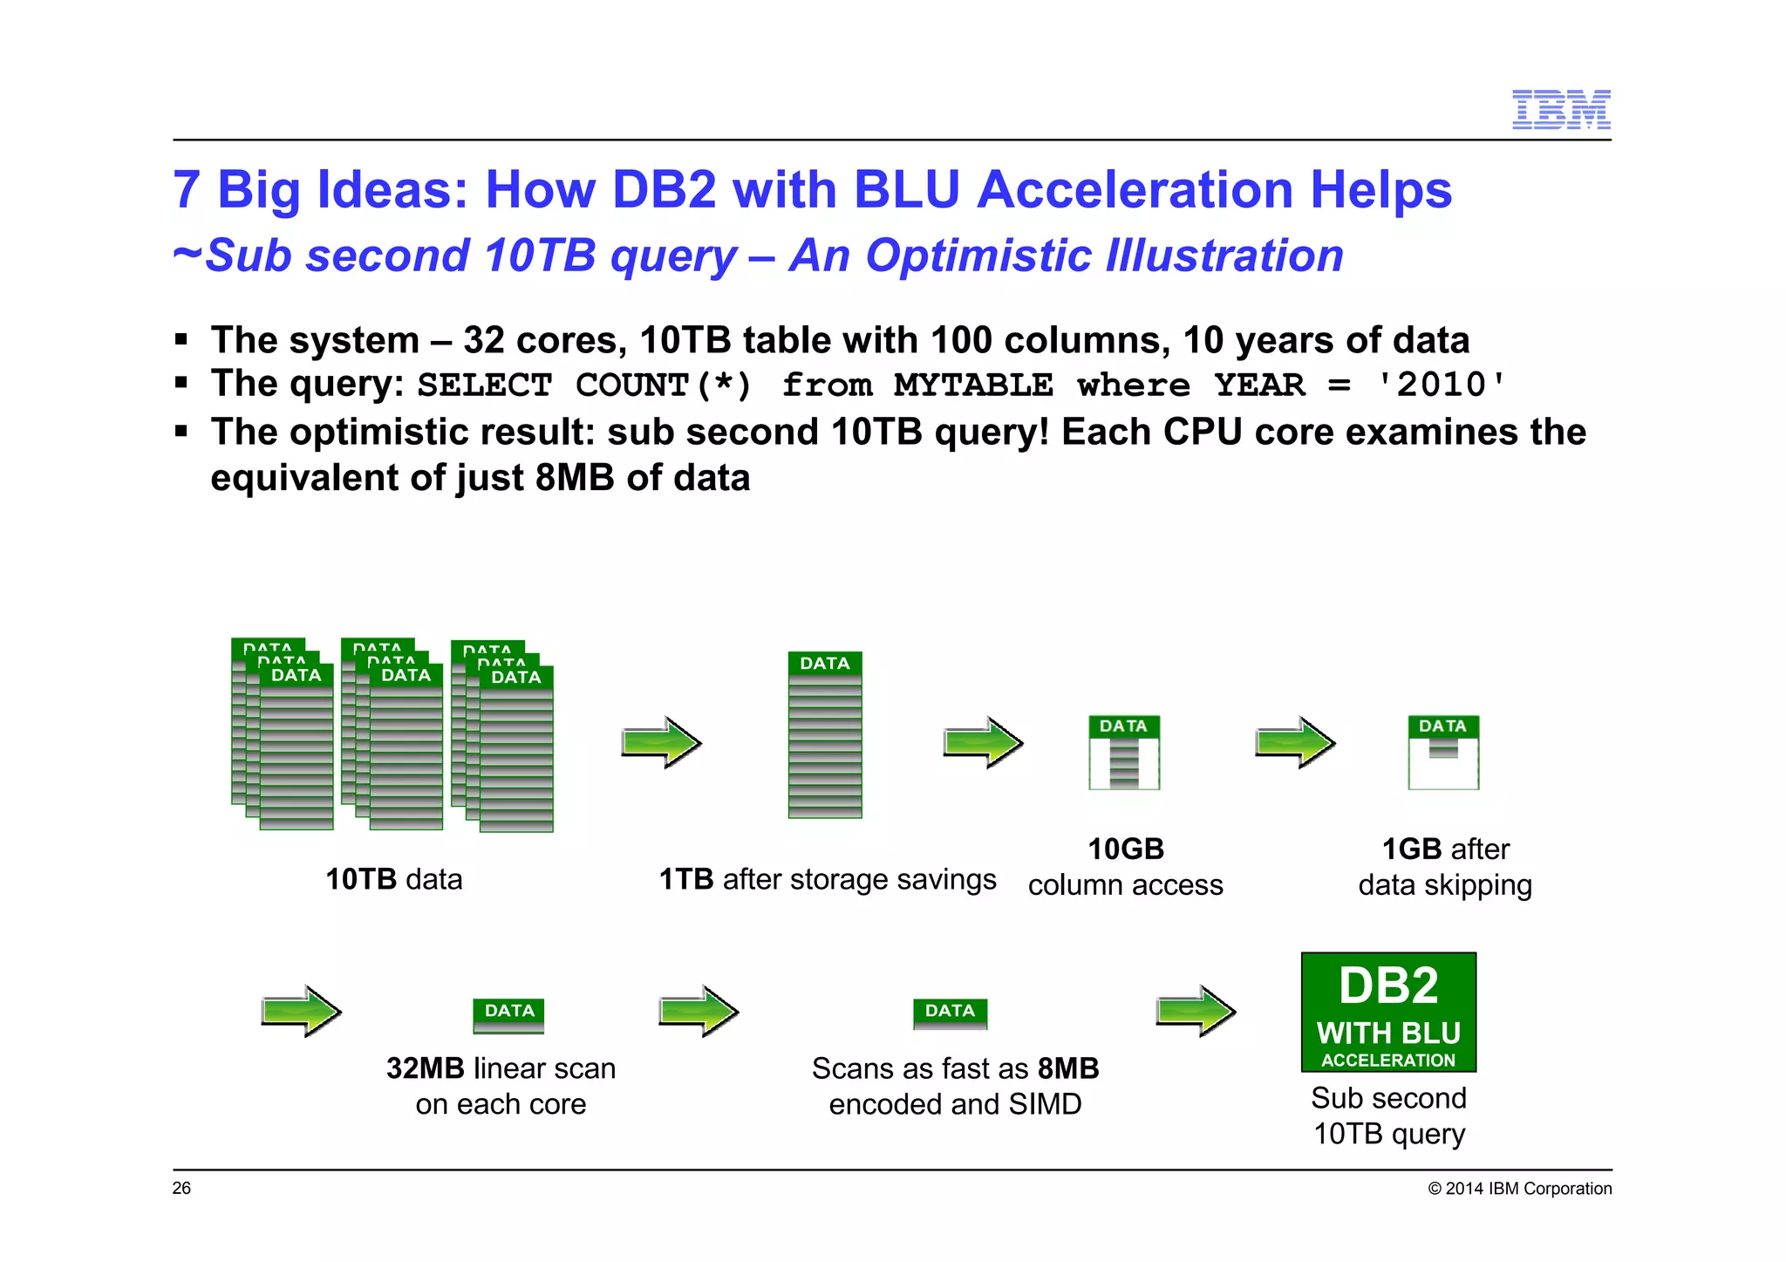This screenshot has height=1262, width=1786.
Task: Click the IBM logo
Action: tap(1560, 110)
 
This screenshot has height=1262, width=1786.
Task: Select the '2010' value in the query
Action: tap(1440, 385)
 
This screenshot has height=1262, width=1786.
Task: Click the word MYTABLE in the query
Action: tap(973, 385)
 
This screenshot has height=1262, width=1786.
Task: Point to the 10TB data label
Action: tap(393, 879)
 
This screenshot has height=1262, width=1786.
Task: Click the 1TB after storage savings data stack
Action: tap(825, 734)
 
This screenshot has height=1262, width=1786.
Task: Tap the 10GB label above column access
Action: tap(1125, 849)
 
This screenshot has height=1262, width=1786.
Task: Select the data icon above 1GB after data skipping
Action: tap(1443, 752)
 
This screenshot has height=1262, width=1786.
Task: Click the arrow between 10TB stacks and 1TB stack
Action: tap(661, 743)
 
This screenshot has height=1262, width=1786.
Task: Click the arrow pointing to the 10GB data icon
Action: tap(983, 743)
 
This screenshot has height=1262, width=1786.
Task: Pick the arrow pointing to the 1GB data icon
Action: tap(1294, 743)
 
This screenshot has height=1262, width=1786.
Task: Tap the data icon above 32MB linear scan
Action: tap(508, 1015)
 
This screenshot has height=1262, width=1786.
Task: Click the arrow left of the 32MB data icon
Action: tap(301, 1012)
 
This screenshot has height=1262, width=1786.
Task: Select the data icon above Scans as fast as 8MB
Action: tap(950, 1013)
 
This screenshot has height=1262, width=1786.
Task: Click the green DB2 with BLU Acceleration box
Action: tap(1388, 1012)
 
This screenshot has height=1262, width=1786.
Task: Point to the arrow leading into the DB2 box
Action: tap(1196, 1012)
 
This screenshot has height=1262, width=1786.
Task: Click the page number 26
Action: tap(181, 1188)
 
